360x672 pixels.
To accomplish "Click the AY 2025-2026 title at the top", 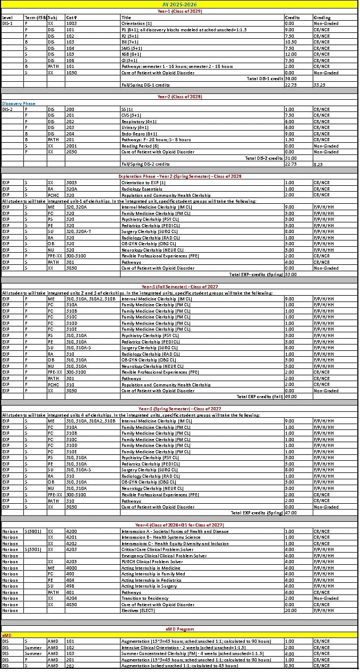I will [x=180, y=4].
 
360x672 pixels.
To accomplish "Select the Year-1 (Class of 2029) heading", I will [x=180, y=11].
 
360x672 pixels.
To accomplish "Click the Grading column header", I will [x=321, y=17].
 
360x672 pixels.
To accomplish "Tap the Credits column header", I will [x=293, y=17].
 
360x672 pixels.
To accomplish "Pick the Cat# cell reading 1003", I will [x=72, y=23].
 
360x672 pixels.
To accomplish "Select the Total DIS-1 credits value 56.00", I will [x=290, y=78].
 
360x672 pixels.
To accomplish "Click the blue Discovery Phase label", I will [x=19, y=104].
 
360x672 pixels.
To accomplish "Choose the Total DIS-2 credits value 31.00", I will [x=290, y=158].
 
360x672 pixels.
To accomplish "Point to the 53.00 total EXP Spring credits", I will [x=290, y=274].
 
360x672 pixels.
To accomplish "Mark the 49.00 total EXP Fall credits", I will [x=290, y=397].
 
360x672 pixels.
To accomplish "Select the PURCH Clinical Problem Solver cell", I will [x=152, y=562].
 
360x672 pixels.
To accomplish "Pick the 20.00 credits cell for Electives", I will [x=290, y=610].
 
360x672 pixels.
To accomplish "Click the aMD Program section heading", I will [x=180, y=629].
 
